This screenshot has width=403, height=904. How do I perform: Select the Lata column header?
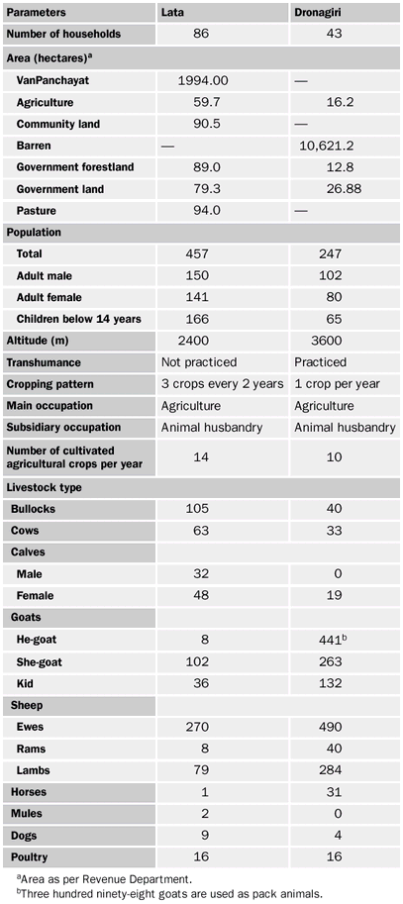pos(173,12)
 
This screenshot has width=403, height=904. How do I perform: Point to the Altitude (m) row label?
pos(38,341)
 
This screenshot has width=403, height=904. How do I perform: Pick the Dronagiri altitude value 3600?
pos(327,341)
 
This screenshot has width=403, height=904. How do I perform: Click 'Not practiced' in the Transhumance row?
pos(199,362)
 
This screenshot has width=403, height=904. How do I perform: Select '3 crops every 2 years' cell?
pos(222,384)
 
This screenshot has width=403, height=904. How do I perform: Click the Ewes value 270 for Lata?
pos(205,727)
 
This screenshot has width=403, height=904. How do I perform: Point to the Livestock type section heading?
pos(44,488)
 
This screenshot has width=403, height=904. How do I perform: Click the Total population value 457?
pos(205,253)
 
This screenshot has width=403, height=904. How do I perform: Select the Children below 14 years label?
pos(78,319)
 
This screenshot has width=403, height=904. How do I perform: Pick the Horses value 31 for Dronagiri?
pos(327,792)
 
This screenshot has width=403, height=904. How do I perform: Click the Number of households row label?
pos(63,34)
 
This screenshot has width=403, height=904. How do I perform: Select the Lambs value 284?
pos(327,770)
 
